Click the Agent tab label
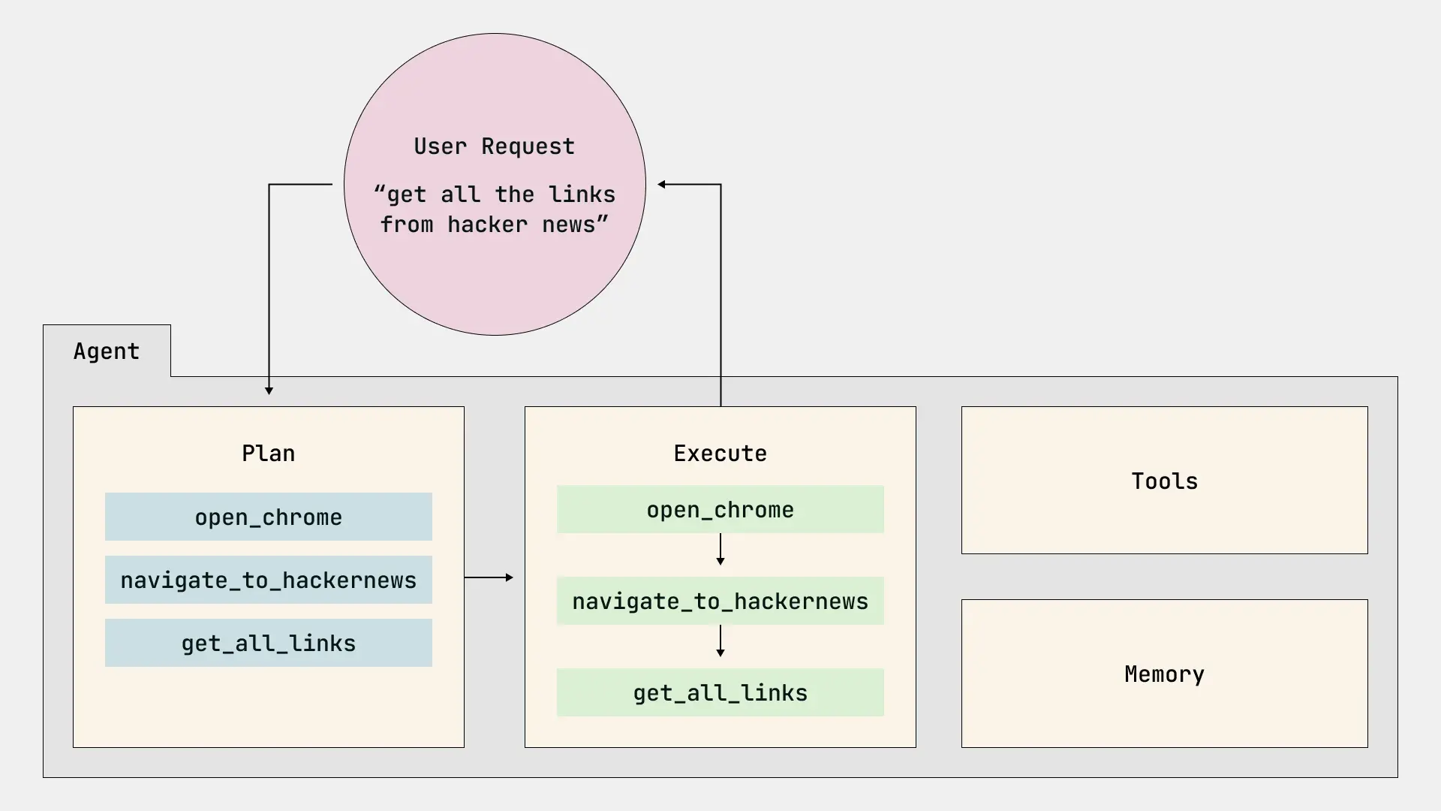click(x=107, y=351)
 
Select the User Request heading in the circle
click(x=494, y=146)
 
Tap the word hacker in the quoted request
click(x=487, y=225)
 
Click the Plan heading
click(x=268, y=454)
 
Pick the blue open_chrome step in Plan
click(x=268, y=517)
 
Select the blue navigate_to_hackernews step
click(x=268, y=580)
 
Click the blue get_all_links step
click(x=268, y=643)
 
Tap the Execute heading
click(x=720, y=454)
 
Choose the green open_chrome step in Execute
click(x=720, y=509)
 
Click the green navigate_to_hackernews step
click(x=720, y=601)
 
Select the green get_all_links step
click(x=720, y=692)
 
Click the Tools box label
click(x=1164, y=481)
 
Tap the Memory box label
click(x=1164, y=674)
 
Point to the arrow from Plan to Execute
click(x=489, y=577)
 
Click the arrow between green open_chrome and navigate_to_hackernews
click(x=720, y=550)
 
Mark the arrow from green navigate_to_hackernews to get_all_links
click(x=720, y=641)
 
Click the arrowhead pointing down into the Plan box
click(x=269, y=390)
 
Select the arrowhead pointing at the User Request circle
click(x=662, y=184)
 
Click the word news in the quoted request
click(x=573, y=225)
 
